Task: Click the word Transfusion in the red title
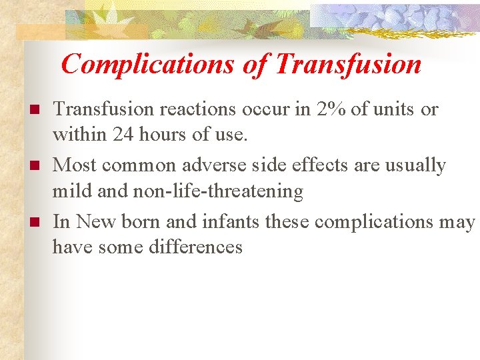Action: pos(347,65)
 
